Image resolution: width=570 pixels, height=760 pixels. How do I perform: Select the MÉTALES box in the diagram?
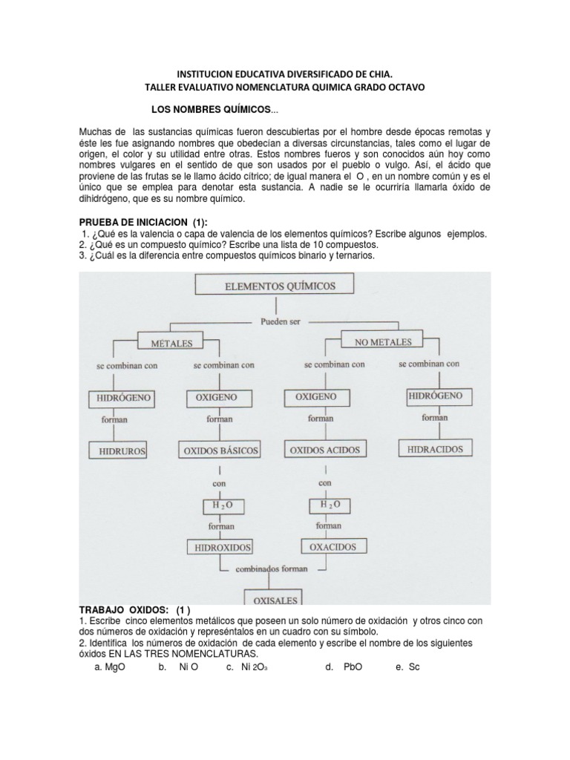(171, 344)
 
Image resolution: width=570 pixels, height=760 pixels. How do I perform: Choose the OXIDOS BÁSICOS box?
(218, 450)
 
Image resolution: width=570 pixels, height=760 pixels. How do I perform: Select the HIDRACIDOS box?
(435, 449)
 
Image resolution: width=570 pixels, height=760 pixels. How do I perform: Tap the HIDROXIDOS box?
(220, 548)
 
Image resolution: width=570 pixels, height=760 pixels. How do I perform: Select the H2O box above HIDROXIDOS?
(219, 506)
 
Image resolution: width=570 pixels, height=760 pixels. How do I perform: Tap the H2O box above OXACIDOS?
(330, 505)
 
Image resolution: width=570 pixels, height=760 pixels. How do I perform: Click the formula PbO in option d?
(353, 667)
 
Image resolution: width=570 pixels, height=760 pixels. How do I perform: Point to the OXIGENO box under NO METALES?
(315, 397)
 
